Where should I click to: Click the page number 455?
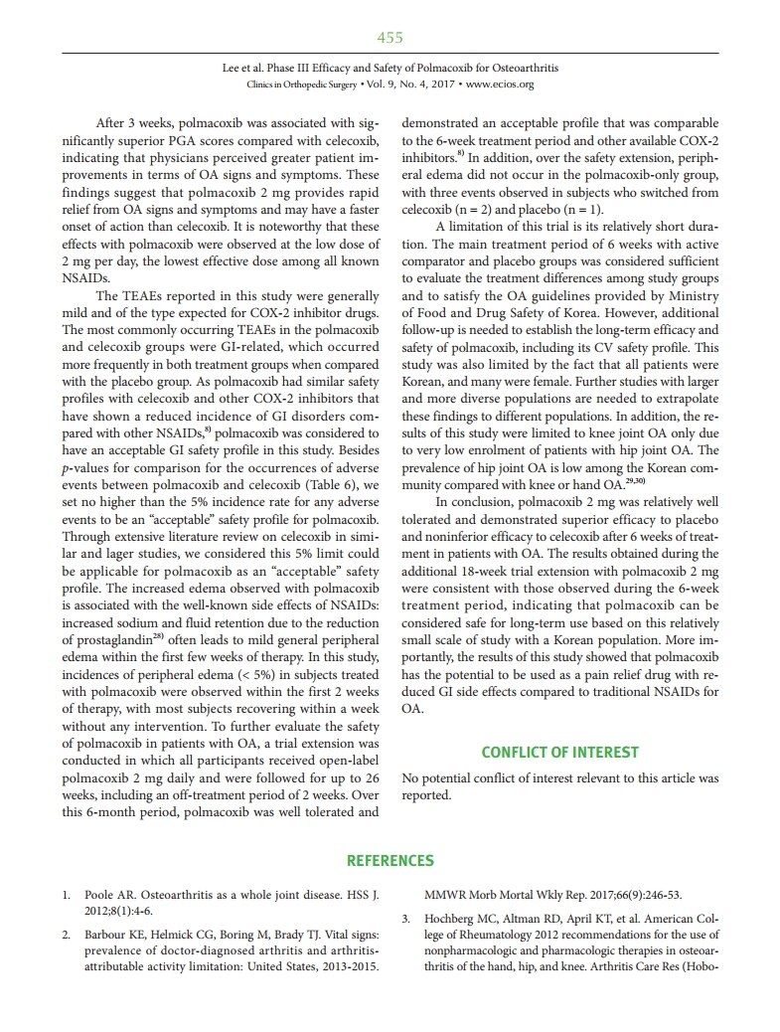click(390, 38)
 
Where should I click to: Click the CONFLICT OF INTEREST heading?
click(559, 753)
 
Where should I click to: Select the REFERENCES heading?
click(390, 860)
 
